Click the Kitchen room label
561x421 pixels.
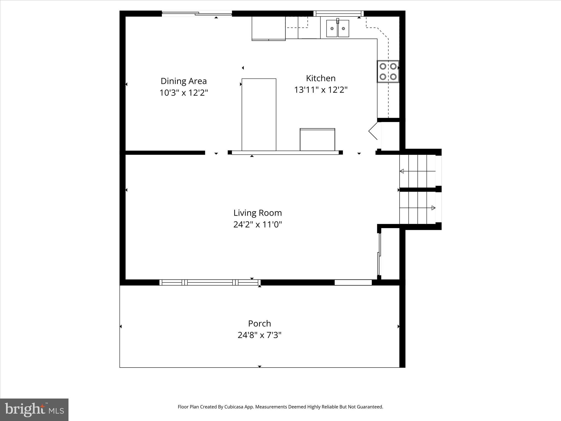coord(320,78)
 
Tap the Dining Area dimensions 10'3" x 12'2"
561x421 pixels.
coord(184,93)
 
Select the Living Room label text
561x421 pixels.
coord(257,213)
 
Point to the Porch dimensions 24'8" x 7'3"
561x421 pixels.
coord(259,335)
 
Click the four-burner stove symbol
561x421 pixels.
coord(388,71)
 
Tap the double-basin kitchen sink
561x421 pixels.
coord(337,28)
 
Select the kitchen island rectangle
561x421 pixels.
coord(259,114)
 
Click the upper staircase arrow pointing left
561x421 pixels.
coord(402,171)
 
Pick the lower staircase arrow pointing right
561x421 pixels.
coord(433,208)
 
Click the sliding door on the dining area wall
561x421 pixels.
coord(197,13)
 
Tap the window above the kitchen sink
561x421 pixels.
coord(338,13)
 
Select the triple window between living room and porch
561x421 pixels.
coord(210,282)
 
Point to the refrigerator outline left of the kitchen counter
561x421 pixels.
coord(268,28)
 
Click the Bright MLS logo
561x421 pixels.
coord(34,409)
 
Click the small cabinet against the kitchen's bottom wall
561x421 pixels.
coord(317,140)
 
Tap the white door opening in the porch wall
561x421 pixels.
coord(353,282)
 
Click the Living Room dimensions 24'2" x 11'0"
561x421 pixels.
coord(257,225)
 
